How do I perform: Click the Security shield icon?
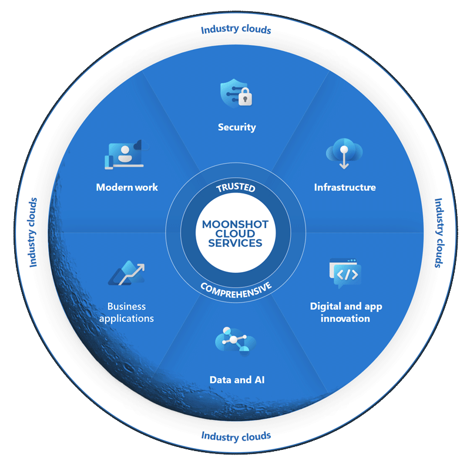point(236,93)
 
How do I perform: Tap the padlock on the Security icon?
point(245,97)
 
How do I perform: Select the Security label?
point(237,127)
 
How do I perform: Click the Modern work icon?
point(126,154)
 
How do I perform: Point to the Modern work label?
point(127,187)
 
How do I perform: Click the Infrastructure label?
point(345,187)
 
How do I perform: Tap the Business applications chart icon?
point(127,273)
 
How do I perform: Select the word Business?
point(126,306)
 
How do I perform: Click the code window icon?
point(345,273)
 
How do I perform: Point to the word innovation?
point(345,318)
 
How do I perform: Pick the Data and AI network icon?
point(236,341)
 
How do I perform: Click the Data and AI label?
point(237,380)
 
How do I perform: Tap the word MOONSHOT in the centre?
point(236,224)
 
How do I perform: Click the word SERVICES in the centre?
point(236,243)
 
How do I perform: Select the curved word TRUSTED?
point(236,187)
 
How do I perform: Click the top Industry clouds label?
point(236,29)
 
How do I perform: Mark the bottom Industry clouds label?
point(236,436)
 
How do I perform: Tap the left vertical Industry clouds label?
point(32,232)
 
